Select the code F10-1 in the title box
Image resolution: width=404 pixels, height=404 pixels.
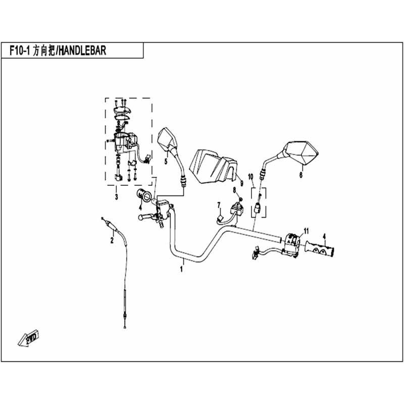pyautogui.click(x=20, y=50)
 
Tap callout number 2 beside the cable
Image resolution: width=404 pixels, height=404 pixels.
pyautogui.click(x=112, y=241)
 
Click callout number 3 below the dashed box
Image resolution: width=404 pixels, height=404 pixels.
pyautogui.click(x=117, y=196)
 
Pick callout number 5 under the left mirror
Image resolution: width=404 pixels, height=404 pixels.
pyautogui.click(x=165, y=162)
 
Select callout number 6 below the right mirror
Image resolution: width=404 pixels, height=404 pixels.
pyautogui.click(x=301, y=175)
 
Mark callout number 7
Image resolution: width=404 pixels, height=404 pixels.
pyautogui.click(x=219, y=204)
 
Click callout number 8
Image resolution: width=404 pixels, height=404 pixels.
pyautogui.click(x=234, y=190)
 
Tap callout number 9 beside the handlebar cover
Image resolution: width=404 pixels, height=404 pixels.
pyautogui.click(x=242, y=182)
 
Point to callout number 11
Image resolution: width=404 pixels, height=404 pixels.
pyautogui.click(x=305, y=231)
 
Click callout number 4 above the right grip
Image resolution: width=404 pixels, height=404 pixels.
pyautogui.click(x=325, y=236)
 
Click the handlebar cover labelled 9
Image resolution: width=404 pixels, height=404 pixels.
pyautogui.click(x=212, y=164)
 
